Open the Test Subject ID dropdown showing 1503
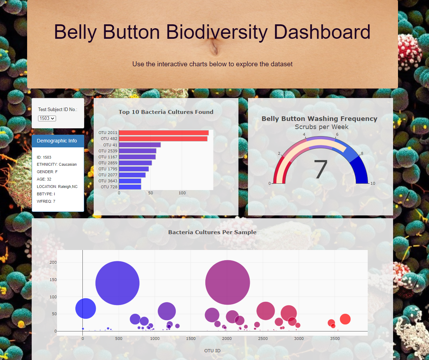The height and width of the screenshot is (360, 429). point(47,118)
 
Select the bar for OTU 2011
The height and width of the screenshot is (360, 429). point(164,133)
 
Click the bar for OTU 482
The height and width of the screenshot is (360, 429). point(163,139)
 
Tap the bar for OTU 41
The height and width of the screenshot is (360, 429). point(140,145)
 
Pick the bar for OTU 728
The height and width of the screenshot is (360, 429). point(130,187)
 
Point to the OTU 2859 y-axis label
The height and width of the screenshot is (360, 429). point(108,163)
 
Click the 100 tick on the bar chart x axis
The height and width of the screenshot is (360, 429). point(182,193)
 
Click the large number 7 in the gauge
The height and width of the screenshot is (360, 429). point(321,170)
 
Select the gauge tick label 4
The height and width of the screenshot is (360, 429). point(304,134)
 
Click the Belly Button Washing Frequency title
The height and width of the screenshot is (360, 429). point(319,119)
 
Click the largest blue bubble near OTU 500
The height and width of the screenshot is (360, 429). point(117,283)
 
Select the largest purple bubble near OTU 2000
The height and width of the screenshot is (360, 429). point(228,282)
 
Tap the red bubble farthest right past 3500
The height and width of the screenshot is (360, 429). point(345,319)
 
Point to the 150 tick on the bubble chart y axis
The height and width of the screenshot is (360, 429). point(53,280)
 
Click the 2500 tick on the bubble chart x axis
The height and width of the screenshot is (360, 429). point(263,338)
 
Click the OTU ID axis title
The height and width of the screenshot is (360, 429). point(212,350)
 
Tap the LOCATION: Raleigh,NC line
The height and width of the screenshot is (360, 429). point(57,187)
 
